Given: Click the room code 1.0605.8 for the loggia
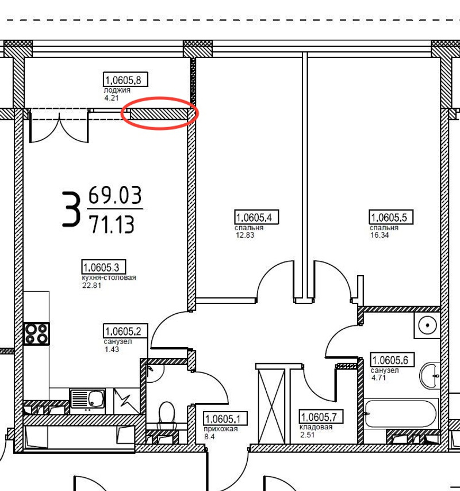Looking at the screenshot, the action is [x=125, y=79].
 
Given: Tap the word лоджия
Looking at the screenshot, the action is [x=117, y=90].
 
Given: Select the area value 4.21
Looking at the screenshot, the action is [x=112, y=98].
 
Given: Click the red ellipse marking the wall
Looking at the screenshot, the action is [x=160, y=98].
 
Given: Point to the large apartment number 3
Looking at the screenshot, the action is [x=71, y=209].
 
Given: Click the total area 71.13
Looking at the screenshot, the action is [x=112, y=224].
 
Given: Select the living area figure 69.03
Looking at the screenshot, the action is [x=115, y=195].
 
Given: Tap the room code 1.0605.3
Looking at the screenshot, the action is [x=103, y=267].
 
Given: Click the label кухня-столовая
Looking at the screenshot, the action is [x=109, y=278].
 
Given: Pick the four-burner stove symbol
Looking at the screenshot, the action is [x=36, y=334].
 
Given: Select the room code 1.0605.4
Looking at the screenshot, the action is [x=256, y=217].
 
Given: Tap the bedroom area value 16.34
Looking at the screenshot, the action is [x=379, y=235].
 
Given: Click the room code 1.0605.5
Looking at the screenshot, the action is [x=391, y=217].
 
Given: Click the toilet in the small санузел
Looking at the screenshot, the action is [x=167, y=413].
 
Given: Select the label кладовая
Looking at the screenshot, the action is [x=316, y=427].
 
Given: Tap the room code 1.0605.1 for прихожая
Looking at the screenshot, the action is [x=225, y=418].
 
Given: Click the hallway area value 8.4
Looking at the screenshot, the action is [x=209, y=436].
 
